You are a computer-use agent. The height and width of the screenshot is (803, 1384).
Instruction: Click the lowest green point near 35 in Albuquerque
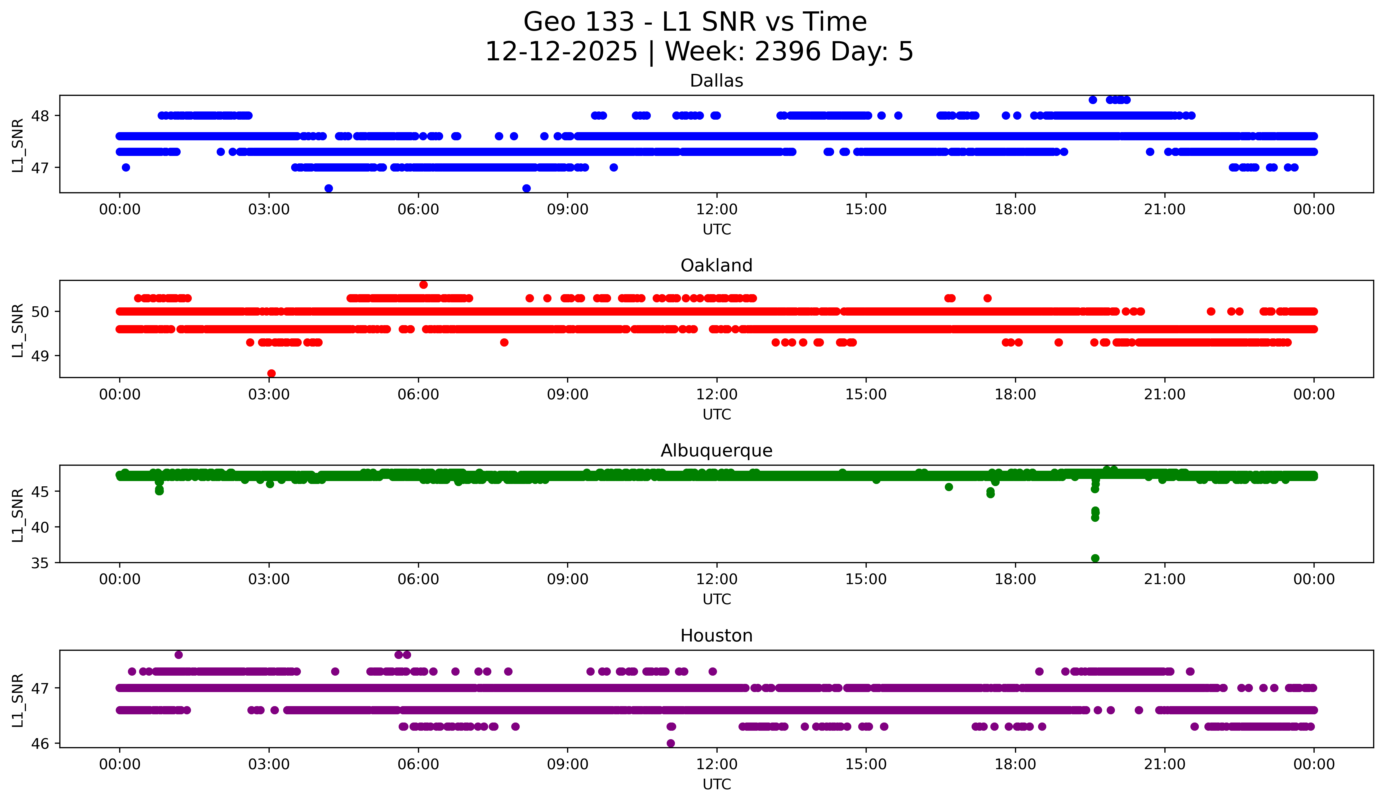1095,558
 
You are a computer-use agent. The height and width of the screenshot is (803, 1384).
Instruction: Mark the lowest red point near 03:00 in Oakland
271,373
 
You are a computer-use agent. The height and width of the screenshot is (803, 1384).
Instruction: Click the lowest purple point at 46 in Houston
671,743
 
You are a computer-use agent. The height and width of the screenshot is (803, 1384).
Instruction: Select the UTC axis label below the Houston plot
717,784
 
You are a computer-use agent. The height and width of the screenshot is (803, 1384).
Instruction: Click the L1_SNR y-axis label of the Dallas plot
17,145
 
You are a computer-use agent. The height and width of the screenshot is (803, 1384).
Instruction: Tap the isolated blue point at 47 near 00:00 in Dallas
126,167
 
